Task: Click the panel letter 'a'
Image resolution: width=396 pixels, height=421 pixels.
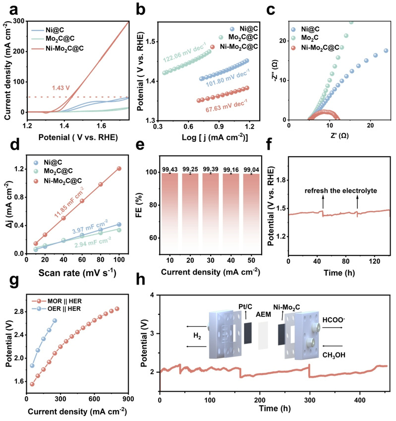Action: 6,8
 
